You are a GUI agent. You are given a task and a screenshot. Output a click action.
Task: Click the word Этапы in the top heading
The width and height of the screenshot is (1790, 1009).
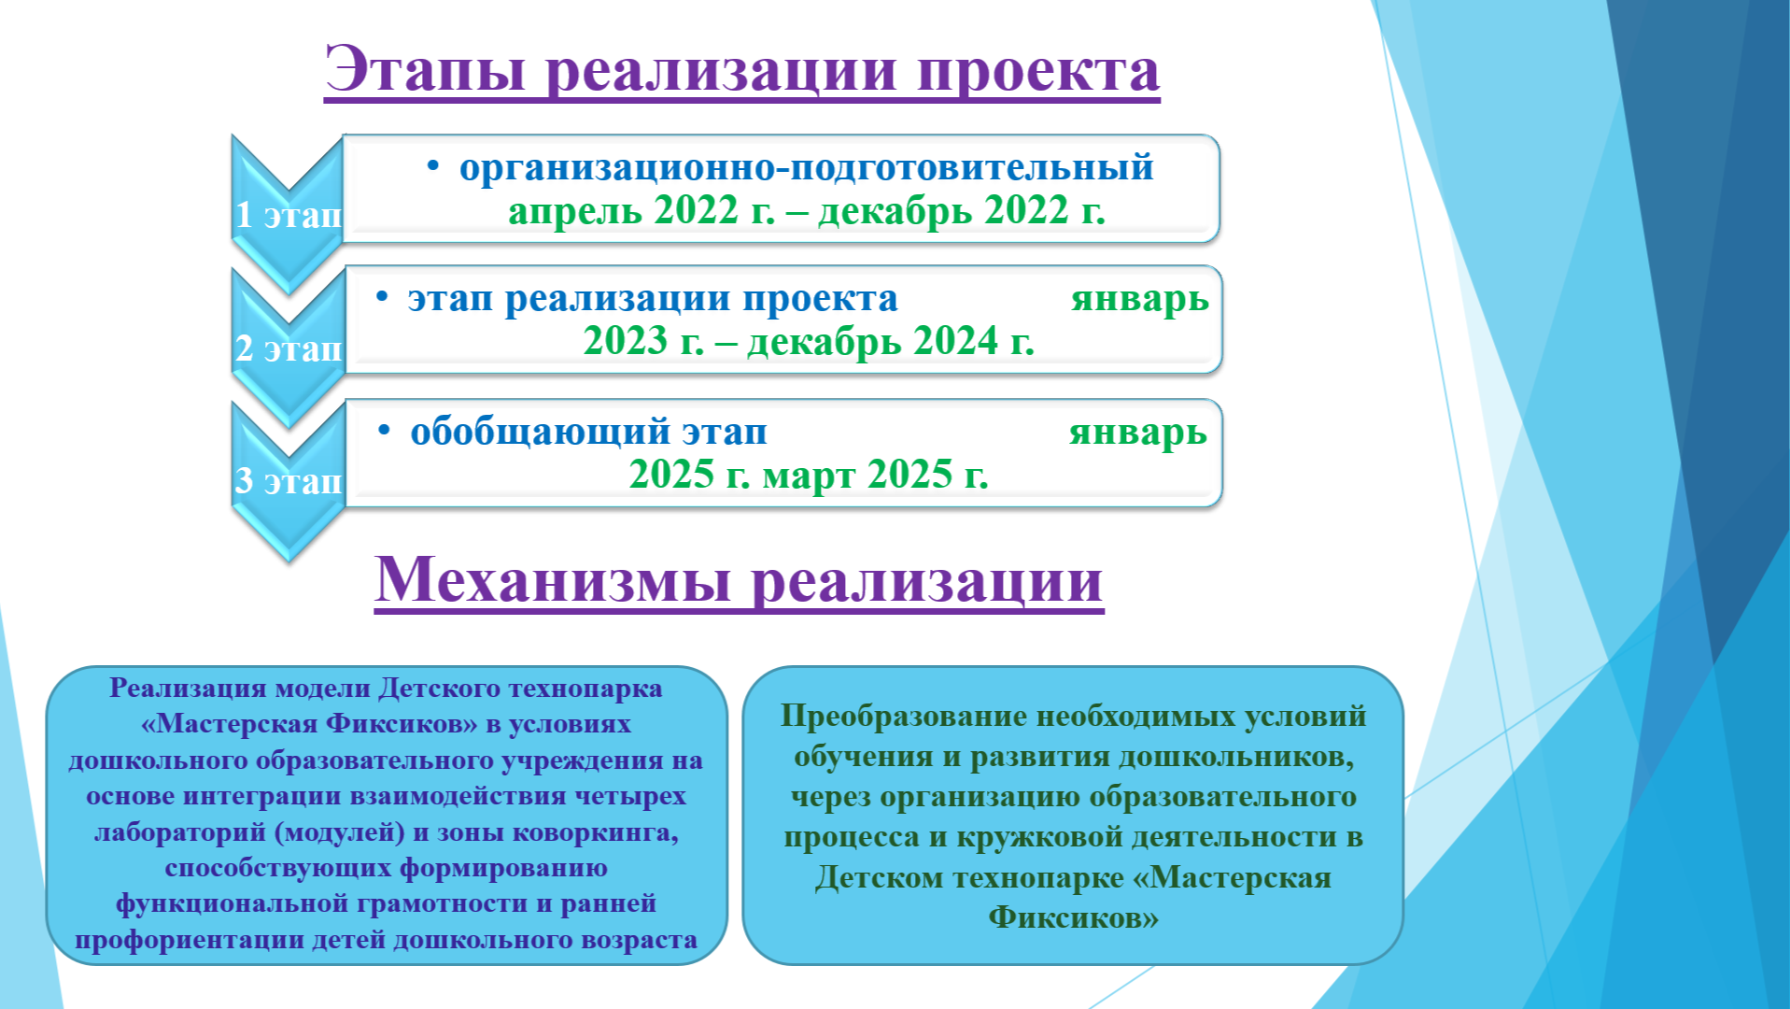(x=426, y=70)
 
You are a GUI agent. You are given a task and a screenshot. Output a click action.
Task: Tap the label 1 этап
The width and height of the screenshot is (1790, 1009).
(x=289, y=215)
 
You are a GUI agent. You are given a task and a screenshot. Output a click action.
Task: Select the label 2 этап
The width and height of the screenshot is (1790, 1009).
(x=289, y=348)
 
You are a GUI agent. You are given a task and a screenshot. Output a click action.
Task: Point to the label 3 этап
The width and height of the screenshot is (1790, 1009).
(x=289, y=481)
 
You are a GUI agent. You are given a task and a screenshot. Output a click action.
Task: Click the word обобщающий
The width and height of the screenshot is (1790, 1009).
(x=541, y=433)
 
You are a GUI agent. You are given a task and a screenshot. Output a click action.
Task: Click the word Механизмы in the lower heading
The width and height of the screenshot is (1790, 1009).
(x=553, y=580)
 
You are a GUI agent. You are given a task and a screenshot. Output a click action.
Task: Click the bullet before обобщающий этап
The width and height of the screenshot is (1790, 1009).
(x=384, y=431)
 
